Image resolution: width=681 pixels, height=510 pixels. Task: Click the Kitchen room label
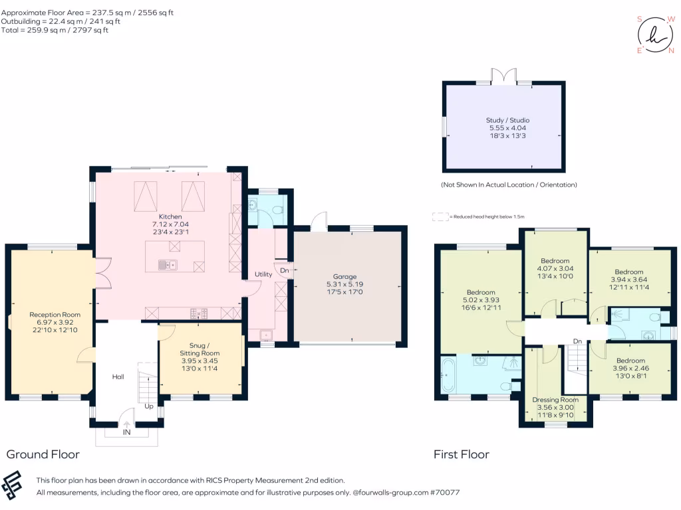point(170,216)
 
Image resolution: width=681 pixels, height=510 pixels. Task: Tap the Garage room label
point(345,276)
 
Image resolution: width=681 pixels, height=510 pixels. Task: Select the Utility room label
point(263,274)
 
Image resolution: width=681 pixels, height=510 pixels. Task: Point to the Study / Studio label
point(507,120)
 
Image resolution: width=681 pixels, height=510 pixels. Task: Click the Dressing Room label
point(555,399)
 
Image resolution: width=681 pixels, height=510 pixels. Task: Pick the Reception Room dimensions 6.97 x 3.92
point(55,322)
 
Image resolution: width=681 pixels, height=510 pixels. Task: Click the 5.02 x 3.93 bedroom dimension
point(481,299)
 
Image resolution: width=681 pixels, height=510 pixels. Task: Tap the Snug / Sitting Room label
point(200,349)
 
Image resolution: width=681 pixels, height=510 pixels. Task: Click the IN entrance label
point(126,432)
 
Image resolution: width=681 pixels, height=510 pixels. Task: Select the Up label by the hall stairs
point(149,406)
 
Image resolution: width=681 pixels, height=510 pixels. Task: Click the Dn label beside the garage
point(285,270)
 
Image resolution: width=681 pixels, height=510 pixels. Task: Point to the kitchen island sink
point(168,264)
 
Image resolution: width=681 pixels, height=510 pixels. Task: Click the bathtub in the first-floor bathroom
point(448,375)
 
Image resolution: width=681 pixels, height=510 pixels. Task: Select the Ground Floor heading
point(43,454)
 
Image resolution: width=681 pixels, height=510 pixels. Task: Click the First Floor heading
point(462,454)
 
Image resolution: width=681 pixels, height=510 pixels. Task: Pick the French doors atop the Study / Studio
point(504,76)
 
